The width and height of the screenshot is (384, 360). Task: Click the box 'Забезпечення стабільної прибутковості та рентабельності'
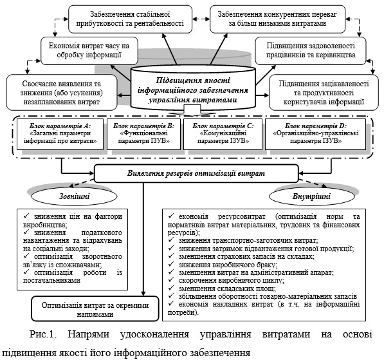(x=130, y=19)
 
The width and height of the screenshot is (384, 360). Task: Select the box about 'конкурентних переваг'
(x=277, y=19)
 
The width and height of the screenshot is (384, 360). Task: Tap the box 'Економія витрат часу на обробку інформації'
(x=89, y=51)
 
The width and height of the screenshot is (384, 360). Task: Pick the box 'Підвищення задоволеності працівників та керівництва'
(x=311, y=51)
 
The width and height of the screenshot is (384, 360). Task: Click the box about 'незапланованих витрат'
(x=62, y=93)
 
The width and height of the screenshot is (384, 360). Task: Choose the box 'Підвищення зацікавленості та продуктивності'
(x=324, y=93)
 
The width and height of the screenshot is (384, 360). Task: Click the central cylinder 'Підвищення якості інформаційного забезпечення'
(x=193, y=88)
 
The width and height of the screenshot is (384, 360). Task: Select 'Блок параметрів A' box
(x=60, y=134)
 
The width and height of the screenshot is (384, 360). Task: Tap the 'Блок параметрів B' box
(x=143, y=134)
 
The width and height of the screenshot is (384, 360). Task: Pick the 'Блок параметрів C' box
(x=223, y=134)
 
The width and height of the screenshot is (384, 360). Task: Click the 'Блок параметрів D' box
(x=315, y=134)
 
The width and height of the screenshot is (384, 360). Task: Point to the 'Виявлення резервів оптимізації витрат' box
(x=196, y=173)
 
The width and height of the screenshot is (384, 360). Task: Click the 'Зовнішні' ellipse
(x=75, y=196)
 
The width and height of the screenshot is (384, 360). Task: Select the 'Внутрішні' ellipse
(x=311, y=196)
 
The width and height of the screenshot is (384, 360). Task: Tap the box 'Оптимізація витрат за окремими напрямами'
(x=95, y=308)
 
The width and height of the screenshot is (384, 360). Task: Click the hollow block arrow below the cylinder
(x=192, y=111)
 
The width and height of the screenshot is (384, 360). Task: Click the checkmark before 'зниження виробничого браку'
(x=171, y=264)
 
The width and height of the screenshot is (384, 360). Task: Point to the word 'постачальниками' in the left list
(x=51, y=280)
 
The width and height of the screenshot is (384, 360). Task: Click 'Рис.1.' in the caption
(x=43, y=334)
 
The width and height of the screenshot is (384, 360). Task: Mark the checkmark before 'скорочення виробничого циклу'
(x=171, y=279)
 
